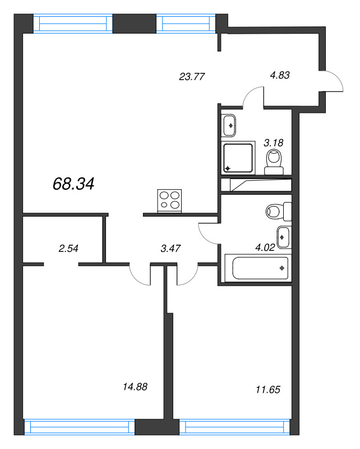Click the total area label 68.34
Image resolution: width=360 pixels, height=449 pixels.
coord(73,184)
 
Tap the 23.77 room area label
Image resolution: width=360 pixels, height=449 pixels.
coord(190,77)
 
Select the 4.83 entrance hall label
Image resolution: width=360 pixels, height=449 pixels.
coord(279,74)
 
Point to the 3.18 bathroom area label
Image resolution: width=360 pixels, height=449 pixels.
coord(274,143)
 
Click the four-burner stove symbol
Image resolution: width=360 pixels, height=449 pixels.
coord(170,201)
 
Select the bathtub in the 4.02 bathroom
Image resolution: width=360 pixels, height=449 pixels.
coord(257,268)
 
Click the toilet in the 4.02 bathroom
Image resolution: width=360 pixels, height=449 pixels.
coord(278,212)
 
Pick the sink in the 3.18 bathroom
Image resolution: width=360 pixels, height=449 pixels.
coord(229,125)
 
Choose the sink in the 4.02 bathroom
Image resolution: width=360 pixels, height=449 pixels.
coord(283,237)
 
